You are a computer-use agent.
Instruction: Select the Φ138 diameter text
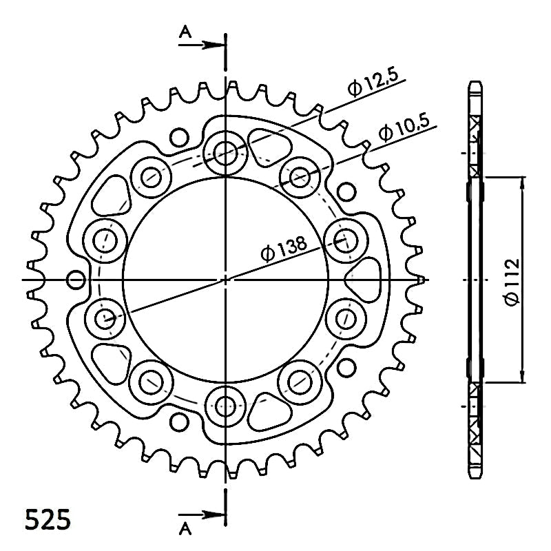click(283, 249)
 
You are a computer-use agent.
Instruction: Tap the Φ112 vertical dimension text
click(511, 282)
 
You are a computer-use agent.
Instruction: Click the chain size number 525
click(48, 519)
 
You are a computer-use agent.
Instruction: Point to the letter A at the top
click(185, 32)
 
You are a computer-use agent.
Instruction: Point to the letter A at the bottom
click(185, 528)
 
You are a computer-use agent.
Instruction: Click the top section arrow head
click(214, 45)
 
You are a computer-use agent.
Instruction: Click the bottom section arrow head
click(214, 514)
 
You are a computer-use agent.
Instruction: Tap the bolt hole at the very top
click(225, 153)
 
